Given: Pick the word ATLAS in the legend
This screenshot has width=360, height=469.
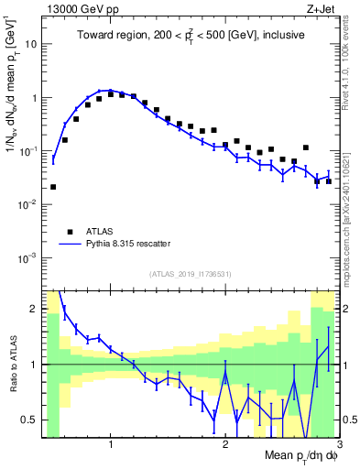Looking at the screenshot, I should (102, 231).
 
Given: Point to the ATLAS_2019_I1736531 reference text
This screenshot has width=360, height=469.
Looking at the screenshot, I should (191, 274).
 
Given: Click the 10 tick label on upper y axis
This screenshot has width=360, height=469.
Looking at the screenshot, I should (30, 43).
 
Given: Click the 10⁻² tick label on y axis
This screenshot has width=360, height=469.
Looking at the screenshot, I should (28, 204).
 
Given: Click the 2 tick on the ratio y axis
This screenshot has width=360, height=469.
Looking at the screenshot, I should (34, 309).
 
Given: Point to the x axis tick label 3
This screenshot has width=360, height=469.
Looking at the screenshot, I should (338, 445).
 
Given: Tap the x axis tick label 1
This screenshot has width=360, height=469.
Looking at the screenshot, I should (111, 445).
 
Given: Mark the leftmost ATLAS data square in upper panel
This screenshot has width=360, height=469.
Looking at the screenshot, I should (53, 187).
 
